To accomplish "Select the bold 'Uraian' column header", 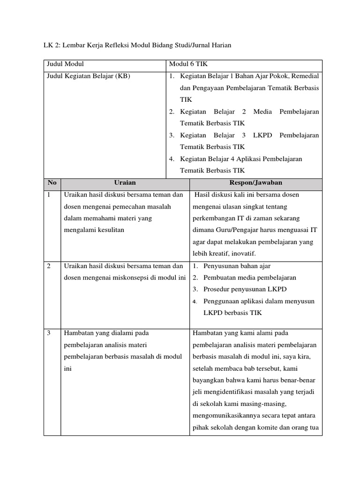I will [125, 182].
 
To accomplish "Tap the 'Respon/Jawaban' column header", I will [255, 182].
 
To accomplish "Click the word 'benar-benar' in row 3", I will [300, 380].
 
